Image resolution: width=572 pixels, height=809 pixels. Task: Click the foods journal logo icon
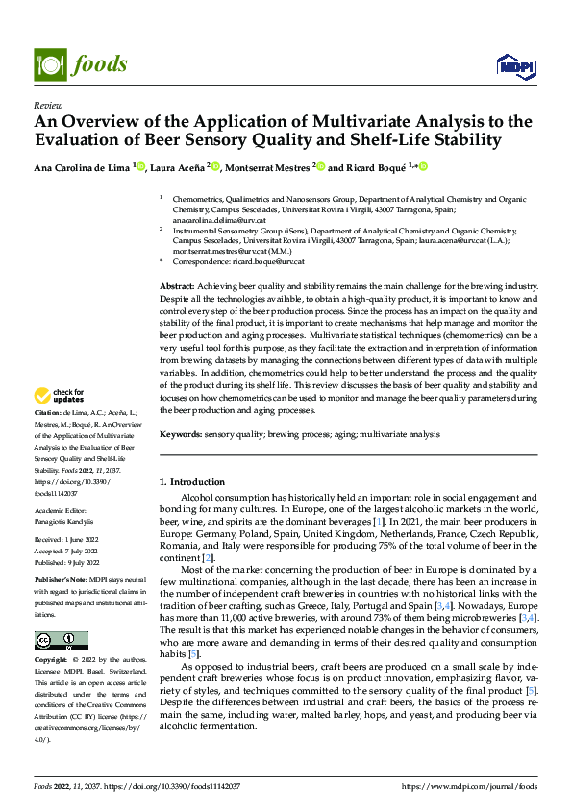[x=49, y=63]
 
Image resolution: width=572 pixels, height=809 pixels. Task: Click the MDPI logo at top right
[x=515, y=64]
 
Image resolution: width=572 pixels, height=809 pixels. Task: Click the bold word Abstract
[x=176, y=286]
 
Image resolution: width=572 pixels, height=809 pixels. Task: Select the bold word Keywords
[x=180, y=435]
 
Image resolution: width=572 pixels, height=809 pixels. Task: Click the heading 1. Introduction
[x=191, y=481]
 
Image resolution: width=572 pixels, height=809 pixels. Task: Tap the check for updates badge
[x=60, y=395]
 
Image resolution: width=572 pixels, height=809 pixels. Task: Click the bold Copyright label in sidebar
[x=52, y=661]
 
